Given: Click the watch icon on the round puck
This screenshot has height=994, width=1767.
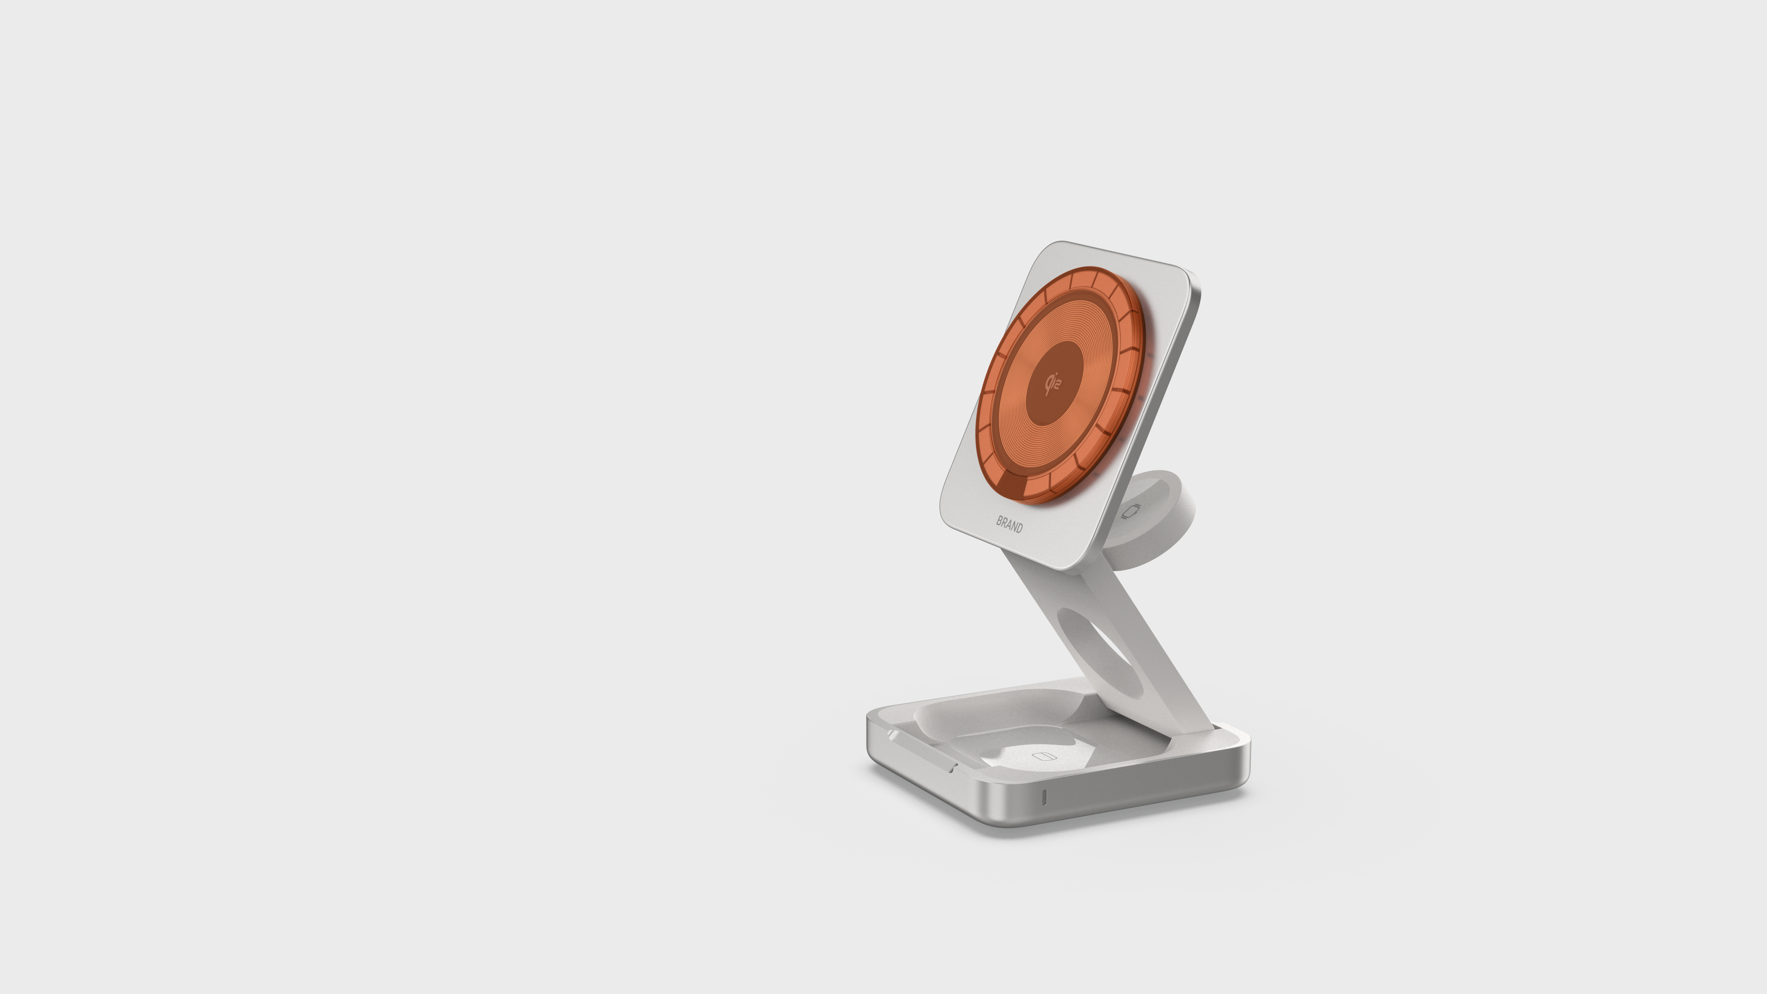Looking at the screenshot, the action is [1131, 512].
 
